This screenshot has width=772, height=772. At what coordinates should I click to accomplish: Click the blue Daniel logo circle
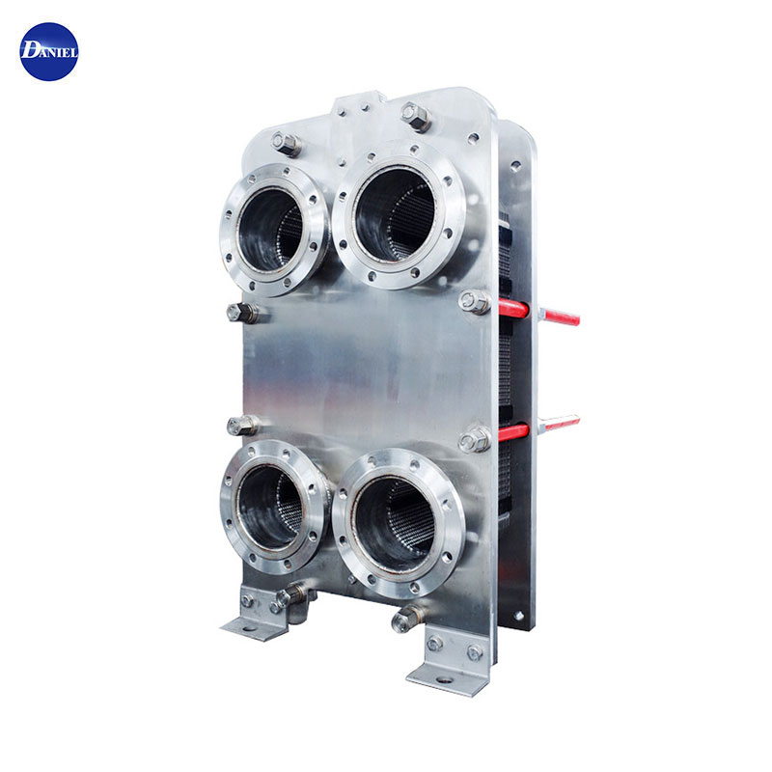point(49,52)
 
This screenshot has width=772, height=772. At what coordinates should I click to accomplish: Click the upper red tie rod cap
point(513,308)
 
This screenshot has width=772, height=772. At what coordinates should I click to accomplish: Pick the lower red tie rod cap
point(513,432)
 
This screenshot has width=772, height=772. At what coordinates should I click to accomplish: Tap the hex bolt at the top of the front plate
point(416,117)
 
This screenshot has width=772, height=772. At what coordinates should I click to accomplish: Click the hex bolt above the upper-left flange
point(287,144)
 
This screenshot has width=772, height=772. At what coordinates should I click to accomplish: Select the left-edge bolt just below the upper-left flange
point(242,313)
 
